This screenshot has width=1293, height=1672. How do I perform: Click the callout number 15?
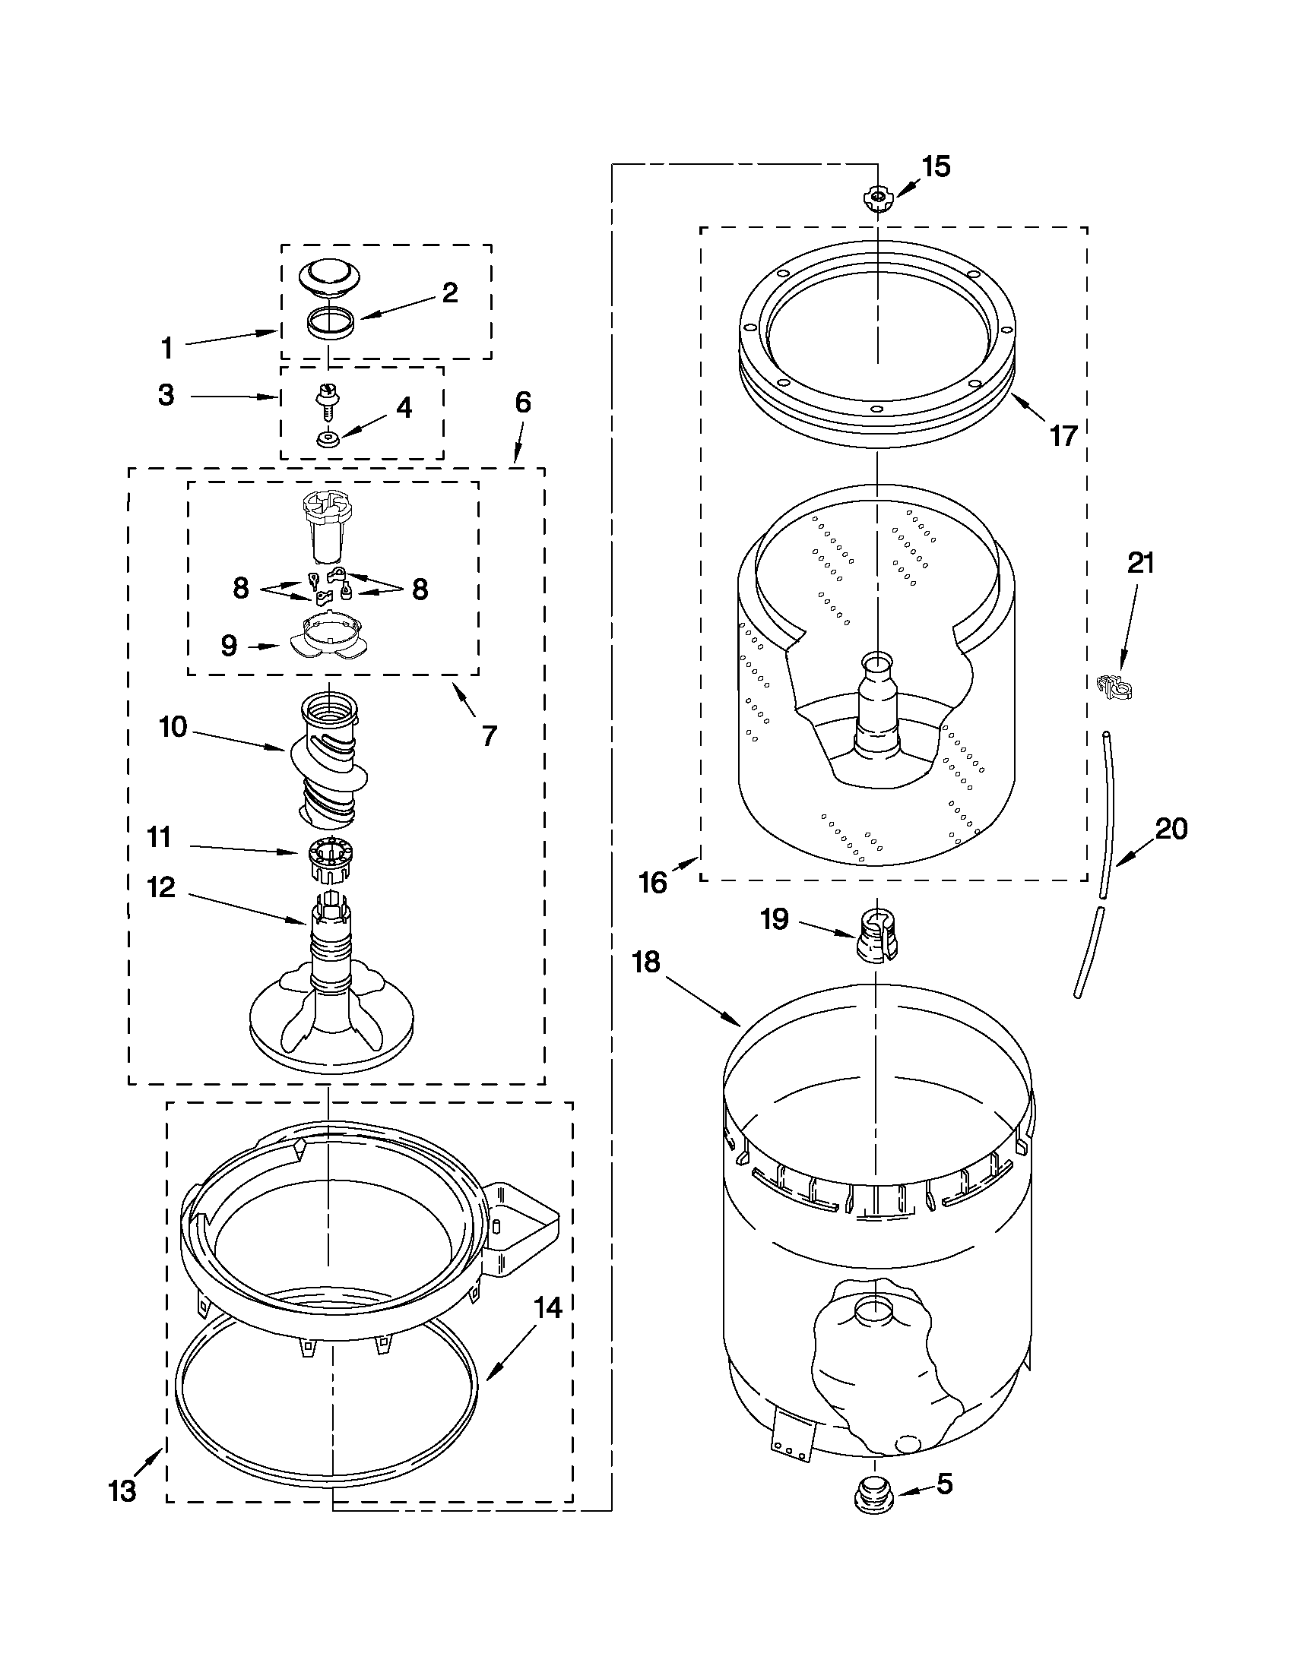935,166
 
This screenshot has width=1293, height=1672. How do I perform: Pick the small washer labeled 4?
327,440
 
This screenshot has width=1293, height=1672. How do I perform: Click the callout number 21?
1140,564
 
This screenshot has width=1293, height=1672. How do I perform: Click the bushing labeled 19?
876,937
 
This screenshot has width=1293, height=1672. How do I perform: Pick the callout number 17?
1063,436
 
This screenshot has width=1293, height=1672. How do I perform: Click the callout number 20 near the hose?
1171,828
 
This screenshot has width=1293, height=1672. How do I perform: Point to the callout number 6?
522,403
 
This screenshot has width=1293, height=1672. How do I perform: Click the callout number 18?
646,962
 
